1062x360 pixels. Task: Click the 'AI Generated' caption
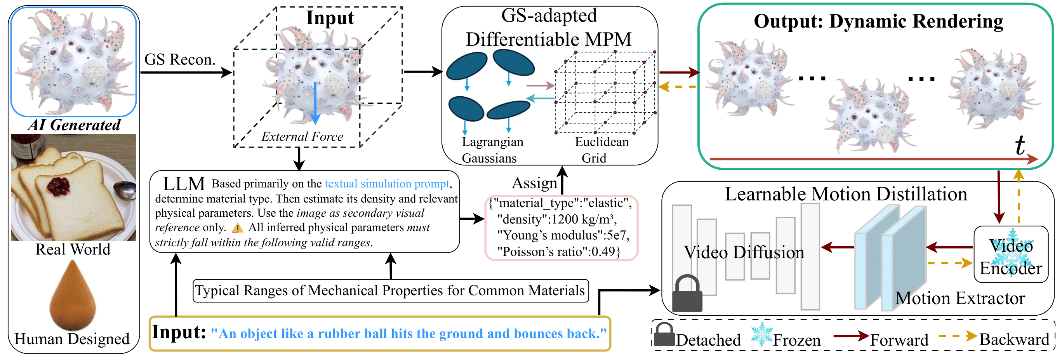click(74, 125)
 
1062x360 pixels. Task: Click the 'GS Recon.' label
click(180, 60)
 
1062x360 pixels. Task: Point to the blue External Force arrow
click(315, 103)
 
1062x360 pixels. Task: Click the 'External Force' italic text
click(302, 136)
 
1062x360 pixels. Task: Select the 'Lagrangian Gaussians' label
click(492, 150)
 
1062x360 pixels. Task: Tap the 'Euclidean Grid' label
click(601, 150)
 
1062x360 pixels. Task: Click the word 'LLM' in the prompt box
click(184, 184)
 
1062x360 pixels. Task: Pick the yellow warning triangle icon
click(238, 228)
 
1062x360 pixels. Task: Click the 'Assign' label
click(534, 183)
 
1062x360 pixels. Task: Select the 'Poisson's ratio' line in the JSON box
click(558, 251)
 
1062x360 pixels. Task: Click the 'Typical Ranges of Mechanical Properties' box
click(390, 291)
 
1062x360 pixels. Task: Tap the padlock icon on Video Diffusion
click(687, 294)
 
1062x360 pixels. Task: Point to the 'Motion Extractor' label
click(960, 298)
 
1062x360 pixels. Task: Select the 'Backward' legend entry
click(1014, 339)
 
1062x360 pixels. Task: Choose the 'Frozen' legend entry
click(796, 340)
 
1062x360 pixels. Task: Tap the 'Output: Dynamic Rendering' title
click(878, 21)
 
